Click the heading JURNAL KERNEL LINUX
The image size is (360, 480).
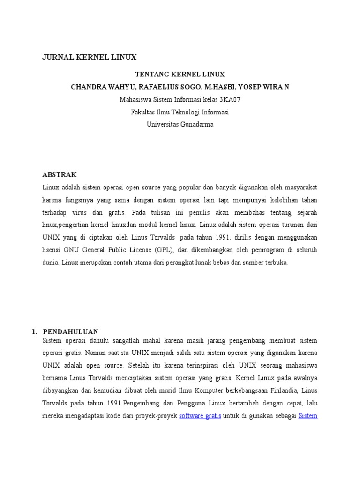tap(89, 57)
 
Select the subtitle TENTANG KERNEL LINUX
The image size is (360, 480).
tap(180, 75)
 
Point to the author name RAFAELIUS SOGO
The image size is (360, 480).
tap(156, 87)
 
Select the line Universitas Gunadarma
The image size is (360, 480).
tap(180, 125)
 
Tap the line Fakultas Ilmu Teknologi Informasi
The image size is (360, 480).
tap(180, 112)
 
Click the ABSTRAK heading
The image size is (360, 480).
tap(59, 174)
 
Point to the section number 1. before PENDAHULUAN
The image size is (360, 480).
tap(34, 331)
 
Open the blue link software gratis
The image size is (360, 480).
tap(200, 415)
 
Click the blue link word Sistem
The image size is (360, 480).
tap(307, 415)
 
